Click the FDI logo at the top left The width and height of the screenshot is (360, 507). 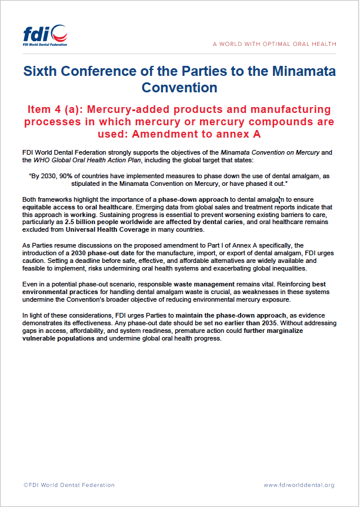coord(45,36)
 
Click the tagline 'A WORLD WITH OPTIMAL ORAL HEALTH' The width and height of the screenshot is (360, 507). coord(275,44)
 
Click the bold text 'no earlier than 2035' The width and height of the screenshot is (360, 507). coord(247,323)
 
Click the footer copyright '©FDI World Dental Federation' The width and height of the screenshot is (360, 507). coord(69,485)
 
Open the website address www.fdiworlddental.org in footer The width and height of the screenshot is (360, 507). coord(299,485)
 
